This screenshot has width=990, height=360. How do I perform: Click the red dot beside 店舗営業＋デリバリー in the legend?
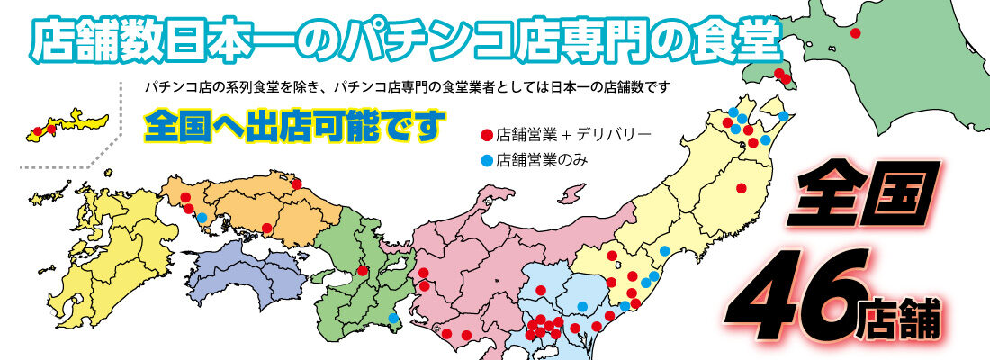click(x=487, y=136)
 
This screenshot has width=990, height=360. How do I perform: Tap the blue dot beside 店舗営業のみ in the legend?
click(x=487, y=161)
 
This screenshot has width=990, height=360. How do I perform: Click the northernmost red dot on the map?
click(x=855, y=32)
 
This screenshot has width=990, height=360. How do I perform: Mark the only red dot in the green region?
click(x=362, y=270)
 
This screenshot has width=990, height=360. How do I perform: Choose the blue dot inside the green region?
click(x=393, y=318)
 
